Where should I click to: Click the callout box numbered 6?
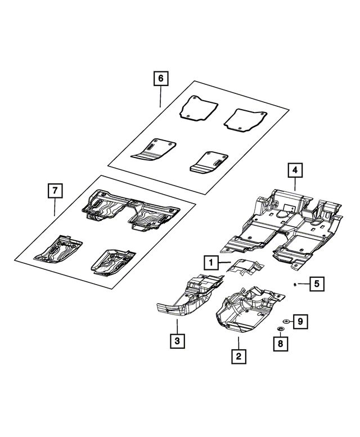[x=160, y=79]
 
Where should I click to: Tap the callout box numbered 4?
[x=295, y=169]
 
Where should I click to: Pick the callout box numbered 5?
[x=316, y=284]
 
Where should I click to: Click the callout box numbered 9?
[x=300, y=321]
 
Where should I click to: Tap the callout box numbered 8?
[x=280, y=343]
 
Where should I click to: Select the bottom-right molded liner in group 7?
[x=111, y=260]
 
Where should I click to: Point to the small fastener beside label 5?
[x=295, y=285]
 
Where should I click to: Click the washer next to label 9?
[x=286, y=321]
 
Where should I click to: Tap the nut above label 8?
[x=280, y=328]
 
